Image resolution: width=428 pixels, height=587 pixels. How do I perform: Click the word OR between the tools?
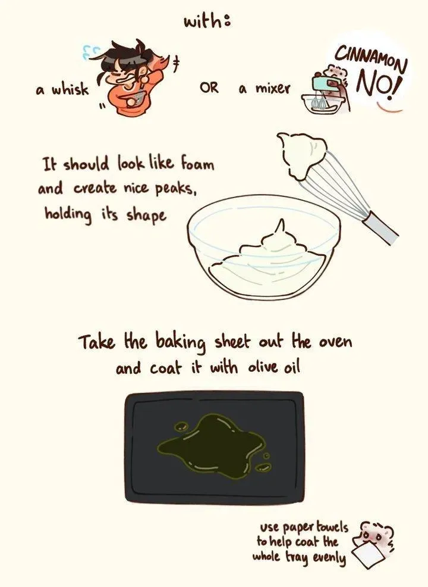[x=209, y=88]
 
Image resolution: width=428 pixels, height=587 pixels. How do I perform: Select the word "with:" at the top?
[x=207, y=21]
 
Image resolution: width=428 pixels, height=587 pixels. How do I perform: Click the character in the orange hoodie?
[x=128, y=78]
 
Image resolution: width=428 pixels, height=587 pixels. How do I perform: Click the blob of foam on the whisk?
[x=301, y=154]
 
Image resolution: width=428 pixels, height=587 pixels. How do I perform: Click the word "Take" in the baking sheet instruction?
[x=97, y=342]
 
